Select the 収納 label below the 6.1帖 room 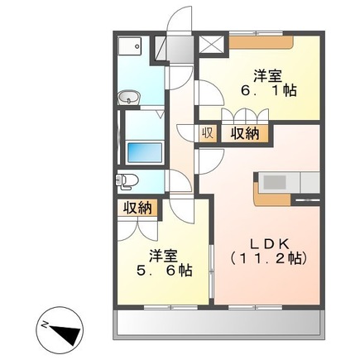click(x=243, y=133)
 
